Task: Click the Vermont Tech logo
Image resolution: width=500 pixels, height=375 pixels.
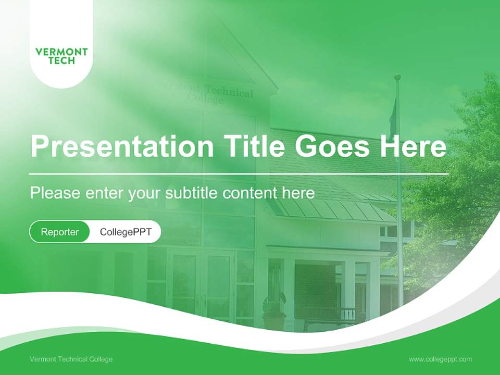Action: pos(61,56)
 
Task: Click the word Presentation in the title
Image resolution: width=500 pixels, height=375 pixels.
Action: pos(122,146)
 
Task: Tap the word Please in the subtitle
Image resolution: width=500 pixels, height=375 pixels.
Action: pos(55,193)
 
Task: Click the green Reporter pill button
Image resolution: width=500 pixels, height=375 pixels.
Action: pos(59,232)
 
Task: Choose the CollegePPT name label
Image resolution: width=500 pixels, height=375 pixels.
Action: pos(126,232)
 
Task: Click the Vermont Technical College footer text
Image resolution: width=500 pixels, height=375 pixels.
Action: pos(71,359)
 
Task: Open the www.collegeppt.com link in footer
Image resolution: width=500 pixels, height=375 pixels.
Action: pos(440,359)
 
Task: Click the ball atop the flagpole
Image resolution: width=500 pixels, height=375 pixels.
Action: pos(397,77)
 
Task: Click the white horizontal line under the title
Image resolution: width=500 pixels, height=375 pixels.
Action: pos(239,173)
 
